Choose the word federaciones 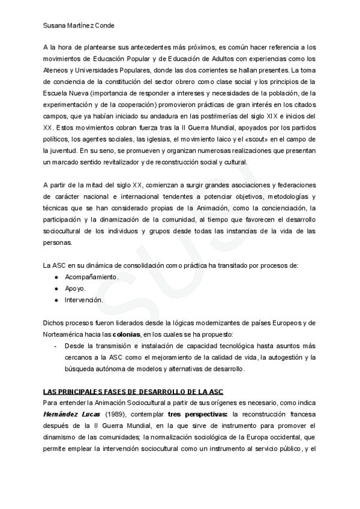294,185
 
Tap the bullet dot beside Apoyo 56,288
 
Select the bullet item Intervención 84,300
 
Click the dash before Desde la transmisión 55,346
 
